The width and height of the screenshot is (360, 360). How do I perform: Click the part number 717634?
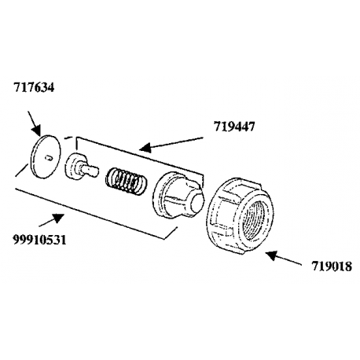(x=34, y=87)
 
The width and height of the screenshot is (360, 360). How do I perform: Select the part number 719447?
(x=234, y=127)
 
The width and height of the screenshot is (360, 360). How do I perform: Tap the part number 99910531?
(x=39, y=240)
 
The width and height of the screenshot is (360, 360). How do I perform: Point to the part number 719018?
(x=332, y=266)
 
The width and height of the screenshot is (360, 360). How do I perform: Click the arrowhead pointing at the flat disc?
(x=37, y=130)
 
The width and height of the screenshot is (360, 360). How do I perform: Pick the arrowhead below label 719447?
(x=145, y=147)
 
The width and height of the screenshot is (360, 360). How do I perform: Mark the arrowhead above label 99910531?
(x=58, y=218)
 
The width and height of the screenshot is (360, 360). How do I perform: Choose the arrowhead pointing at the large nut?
(x=271, y=255)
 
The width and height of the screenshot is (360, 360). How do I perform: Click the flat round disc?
(x=46, y=156)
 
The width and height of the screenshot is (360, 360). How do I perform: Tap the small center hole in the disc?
(x=49, y=158)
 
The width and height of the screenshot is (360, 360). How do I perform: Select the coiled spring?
(x=126, y=180)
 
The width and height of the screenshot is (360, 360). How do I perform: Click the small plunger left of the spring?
(x=81, y=167)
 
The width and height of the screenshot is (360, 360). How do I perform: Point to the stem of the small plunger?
(x=90, y=170)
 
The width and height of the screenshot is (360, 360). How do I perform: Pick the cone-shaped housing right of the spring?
(x=178, y=195)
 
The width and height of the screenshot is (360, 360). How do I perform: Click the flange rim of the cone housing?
(x=160, y=194)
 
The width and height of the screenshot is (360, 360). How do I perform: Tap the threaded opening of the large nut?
(x=256, y=219)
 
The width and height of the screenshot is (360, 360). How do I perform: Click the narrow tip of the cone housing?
(x=198, y=201)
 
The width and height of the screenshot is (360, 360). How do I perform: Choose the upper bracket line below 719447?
(x=140, y=156)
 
